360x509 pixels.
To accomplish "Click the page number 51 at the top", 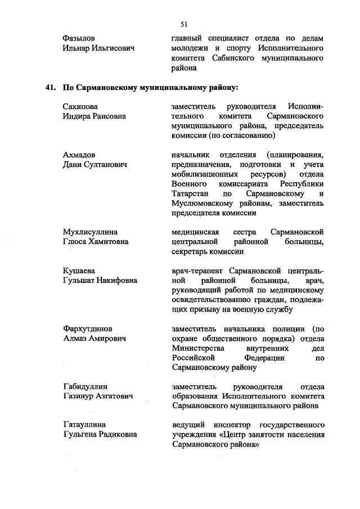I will point(184,24).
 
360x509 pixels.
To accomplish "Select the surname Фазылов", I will point(79,38).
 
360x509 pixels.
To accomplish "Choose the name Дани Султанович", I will point(94,164).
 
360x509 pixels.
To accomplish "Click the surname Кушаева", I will point(78,271).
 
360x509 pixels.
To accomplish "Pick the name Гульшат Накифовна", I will point(100,280).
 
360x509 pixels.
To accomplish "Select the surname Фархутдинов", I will point(87,328).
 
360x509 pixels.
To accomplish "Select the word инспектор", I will point(235,425).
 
